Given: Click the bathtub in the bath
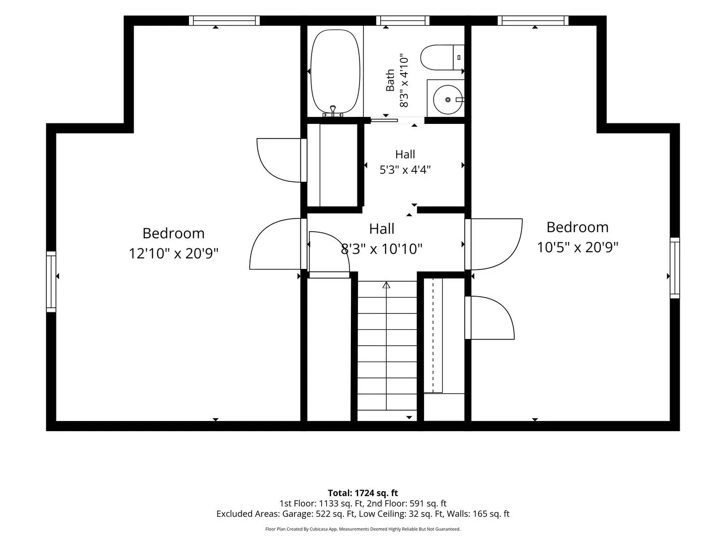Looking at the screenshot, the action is (x=335, y=72).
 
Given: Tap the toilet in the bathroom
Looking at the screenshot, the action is (x=442, y=57).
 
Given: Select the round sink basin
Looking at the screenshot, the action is (x=448, y=99).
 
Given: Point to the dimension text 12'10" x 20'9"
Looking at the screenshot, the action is (x=173, y=254).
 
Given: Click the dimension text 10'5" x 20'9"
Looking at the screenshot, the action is (x=577, y=247).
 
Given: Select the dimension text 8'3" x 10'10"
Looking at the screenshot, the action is (x=382, y=249).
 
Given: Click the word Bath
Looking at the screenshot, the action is (x=390, y=80).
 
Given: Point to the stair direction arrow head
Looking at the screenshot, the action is (x=386, y=285).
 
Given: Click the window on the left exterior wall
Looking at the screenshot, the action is (x=51, y=282).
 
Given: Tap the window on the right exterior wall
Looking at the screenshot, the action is (x=675, y=268).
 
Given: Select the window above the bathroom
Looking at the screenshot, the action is (x=402, y=21).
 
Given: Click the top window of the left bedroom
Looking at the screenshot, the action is (x=224, y=21).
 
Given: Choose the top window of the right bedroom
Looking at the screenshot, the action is (x=533, y=21).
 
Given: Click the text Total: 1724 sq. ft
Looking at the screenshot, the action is (x=363, y=493).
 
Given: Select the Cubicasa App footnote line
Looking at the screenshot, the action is (x=363, y=529).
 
